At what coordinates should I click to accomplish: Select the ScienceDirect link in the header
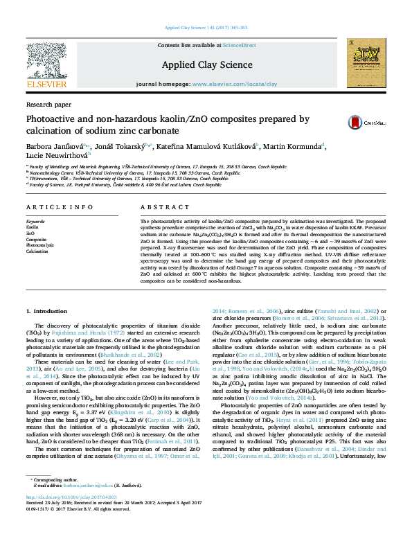pos(239,45)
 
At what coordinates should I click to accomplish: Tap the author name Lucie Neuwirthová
pos(56,156)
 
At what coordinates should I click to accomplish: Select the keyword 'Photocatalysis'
pos(39,245)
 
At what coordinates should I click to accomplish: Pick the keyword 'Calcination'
pos(37,251)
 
